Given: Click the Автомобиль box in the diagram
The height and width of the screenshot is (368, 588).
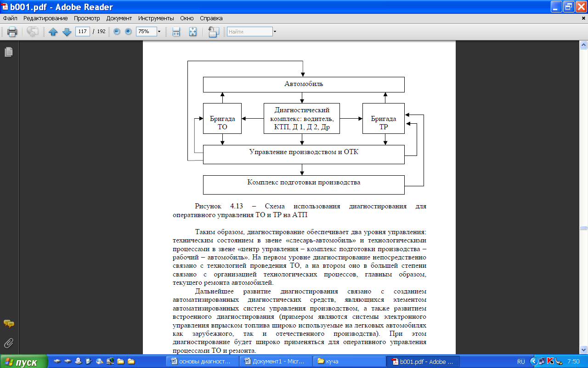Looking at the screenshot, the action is pos(304,84).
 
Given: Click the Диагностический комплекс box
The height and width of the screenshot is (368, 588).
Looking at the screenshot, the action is pos(302,119).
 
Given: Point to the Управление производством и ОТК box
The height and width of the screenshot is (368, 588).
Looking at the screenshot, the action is pos(304,155).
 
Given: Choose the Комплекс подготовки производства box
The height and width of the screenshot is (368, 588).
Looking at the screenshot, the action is pos(304,184).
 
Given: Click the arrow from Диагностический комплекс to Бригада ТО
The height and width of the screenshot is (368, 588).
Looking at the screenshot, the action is pos(253,119).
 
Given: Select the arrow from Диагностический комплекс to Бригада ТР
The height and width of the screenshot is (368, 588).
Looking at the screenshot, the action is pos(351,119).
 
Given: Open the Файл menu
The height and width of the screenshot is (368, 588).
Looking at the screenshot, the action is pos(10,18).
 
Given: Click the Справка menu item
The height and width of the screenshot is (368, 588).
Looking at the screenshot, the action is pos(211,18).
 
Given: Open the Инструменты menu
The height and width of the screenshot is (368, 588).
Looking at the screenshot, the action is pos(153,18).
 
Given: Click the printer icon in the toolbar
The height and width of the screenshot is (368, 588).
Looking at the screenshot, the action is pos(12,32).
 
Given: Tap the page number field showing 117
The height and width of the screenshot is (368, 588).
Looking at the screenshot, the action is pos(82,32).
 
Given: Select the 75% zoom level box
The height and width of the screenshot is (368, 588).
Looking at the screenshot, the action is pos(146,32).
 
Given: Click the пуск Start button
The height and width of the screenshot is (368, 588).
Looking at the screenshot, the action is pos(23,362).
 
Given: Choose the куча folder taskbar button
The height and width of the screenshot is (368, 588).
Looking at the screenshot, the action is pos(349,362).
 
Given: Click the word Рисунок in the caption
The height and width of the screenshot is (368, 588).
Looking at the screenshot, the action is pos(208,207).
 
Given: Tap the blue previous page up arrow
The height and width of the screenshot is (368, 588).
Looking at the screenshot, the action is pos(53,32).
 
